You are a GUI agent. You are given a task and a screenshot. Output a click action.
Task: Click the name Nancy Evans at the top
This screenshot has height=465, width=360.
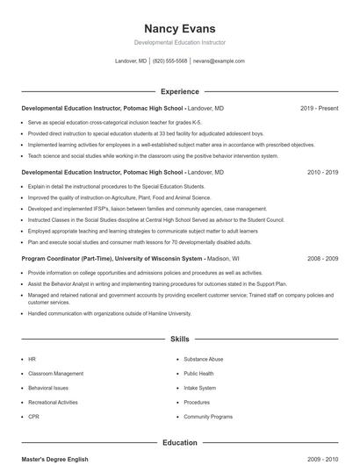[179, 28]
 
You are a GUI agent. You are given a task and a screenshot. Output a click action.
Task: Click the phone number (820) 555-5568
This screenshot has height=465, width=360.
[169, 61]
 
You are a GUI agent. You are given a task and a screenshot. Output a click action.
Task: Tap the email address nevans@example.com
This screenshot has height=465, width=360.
[219, 61]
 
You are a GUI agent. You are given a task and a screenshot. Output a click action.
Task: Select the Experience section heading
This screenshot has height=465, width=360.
[179, 91]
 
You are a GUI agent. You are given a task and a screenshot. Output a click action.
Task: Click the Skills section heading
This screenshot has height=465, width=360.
[179, 338]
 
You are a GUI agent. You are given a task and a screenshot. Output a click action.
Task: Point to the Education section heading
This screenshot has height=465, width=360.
[179, 443]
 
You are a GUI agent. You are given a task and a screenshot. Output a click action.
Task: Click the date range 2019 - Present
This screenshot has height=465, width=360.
[319, 108]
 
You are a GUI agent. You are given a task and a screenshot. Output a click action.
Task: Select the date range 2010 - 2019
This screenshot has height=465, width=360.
[322, 173]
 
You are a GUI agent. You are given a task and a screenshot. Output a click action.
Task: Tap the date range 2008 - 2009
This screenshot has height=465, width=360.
[322, 259]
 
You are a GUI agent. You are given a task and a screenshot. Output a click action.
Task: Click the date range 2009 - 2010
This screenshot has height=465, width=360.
[322, 459]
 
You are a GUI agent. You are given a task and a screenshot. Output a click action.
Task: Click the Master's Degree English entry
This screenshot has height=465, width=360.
[55, 459]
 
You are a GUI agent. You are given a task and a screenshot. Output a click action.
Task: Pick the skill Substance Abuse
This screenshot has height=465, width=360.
[203, 359]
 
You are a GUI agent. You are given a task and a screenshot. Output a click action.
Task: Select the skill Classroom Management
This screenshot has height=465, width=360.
[55, 373]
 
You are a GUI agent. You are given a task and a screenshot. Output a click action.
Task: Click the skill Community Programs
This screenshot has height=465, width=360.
[208, 416]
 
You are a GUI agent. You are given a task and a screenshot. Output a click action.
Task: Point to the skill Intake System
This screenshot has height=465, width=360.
[199, 387]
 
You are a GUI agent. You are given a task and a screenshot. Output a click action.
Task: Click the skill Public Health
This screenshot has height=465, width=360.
[199, 373]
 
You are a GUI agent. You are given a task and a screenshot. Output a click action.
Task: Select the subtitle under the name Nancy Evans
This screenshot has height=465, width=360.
[179, 42]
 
